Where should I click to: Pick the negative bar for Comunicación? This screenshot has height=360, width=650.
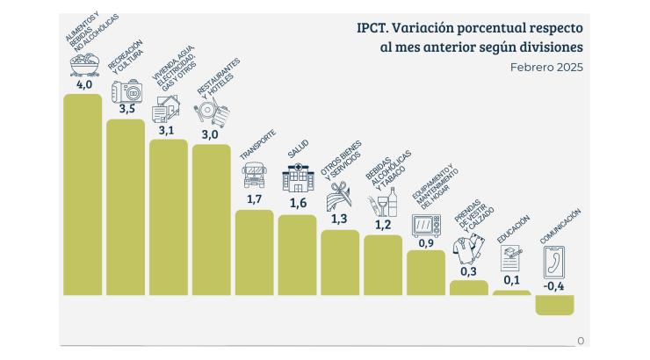(555, 304)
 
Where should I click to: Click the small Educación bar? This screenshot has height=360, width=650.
(512, 292)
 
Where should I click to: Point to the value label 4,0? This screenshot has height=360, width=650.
(83, 85)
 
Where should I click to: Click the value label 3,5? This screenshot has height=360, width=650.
(126, 110)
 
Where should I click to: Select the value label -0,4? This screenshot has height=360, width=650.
(554, 285)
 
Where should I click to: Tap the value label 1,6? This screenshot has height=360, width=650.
(298, 204)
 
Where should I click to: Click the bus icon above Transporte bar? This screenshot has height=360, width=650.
(255, 176)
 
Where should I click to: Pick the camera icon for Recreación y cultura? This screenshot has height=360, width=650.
(126, 91)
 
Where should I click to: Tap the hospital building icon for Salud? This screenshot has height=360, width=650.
(298, 180)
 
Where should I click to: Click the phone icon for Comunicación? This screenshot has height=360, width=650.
(555, 262)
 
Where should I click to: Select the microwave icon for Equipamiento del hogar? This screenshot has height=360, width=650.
(427, 226)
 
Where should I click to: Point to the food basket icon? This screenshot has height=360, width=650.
(83, 65)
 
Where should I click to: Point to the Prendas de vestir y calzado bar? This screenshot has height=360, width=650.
(469, 287)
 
